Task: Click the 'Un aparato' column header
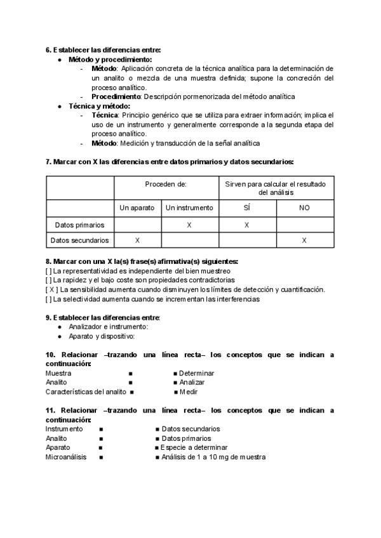tap(137, 207)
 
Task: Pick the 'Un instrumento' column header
tap(189, 207)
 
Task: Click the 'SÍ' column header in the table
tap(247, 207)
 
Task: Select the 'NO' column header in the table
tap(304, 207)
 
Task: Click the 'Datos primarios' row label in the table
tap(80, 225)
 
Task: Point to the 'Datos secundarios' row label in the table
tap(80, 240)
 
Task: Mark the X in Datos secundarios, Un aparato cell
tap(137, 240)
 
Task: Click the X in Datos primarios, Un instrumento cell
tap(189, 225)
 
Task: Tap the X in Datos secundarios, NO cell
tap(304, 240)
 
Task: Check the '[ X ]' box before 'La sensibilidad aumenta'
tap(53, 289)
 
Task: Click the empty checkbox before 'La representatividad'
tap(49, 270)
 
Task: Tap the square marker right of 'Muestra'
tap(130, 373)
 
